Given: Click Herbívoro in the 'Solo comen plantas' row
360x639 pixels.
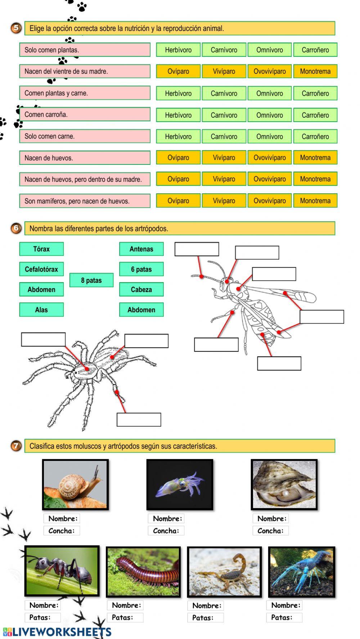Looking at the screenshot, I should pyautogui.click(x=178, y=50).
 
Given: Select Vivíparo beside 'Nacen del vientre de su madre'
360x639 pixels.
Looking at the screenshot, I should pyautogui.click(x=224, y=71).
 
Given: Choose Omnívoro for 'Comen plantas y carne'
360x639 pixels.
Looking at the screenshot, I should pyautogui.click(x=270, y=93).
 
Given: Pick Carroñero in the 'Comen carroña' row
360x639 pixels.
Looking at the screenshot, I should pyautogui.click(x=315, y=115).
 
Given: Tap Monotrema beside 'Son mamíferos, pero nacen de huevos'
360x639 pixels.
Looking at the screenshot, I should pyautogui.click(x=315, y=201).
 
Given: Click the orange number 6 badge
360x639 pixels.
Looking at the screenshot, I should pyautogui.click(x=16, y=228).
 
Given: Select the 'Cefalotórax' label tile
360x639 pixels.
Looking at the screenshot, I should pyautogui.click(x=41, y=269).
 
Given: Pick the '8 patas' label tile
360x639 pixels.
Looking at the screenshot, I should pyautogui.click(x=91, y=280).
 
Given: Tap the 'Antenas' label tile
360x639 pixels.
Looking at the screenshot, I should pyautogui.click(x=141, y=249).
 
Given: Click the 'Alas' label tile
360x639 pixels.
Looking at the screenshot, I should pyautogui.click(x=41, y=310).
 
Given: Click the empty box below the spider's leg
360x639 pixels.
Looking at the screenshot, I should pyautogui.click(x=139, y=420).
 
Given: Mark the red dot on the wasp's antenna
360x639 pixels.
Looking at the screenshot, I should pyautogui.click(x=202, y=276).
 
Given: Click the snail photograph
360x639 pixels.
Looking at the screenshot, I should pyautogui.click(x=75, y=484).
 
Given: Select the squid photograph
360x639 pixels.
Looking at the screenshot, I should pyautogui.click(x=180, y=484).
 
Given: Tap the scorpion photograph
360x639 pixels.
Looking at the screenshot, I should pyautogui.click(x=224, y=572).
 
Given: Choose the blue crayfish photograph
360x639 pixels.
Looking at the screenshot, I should pyautogui.click(x=302, y=572).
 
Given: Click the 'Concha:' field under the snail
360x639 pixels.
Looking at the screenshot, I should pyautogui.click(x=62, y=531).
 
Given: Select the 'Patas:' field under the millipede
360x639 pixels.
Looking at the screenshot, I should pyautogui.click(x=125, y=617).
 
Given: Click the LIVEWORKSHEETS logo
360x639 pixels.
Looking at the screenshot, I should pyautogui.click(x=58, y=632).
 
